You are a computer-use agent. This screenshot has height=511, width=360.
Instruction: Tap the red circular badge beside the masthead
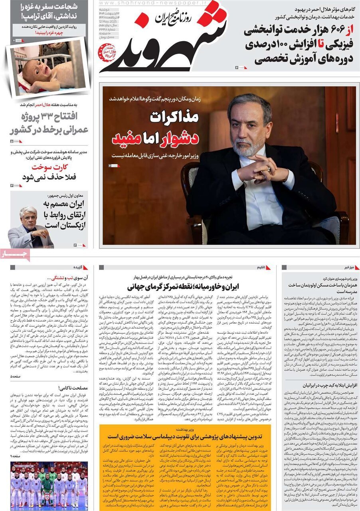point(107,52)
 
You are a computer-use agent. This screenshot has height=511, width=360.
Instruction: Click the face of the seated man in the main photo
point(249,125)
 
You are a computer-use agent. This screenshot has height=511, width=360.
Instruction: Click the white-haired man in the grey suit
point(30,227)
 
